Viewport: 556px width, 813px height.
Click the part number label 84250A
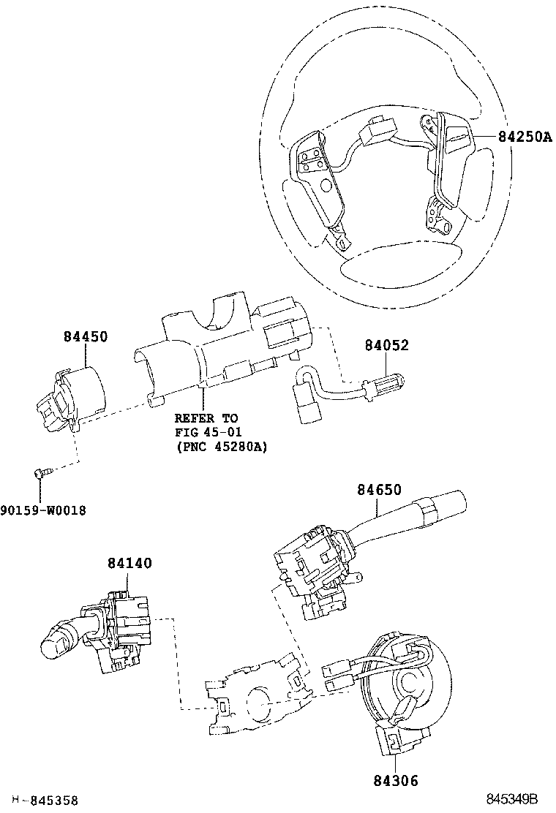pyautogui.click(x=525, y=137)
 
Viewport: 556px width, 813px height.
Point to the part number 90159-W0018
pyautogui.click(x=42, y=510)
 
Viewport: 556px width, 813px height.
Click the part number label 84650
pyautogui.click(x=379, y=490)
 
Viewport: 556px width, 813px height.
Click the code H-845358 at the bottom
pyautogui.click(x=45, y=801)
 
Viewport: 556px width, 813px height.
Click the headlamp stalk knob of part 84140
pyautogui.click(x=57, y=640)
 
